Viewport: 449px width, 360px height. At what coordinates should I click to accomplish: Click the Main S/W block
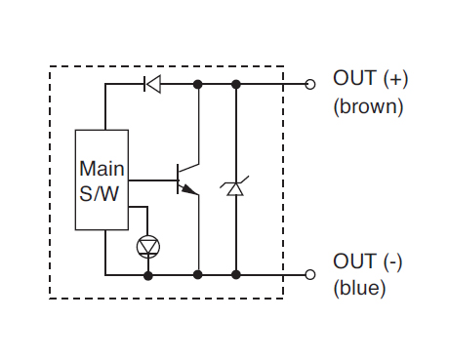point(102,180)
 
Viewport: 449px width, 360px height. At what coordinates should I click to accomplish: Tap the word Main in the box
point(102,169)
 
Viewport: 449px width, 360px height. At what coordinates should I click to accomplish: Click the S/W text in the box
point(99,194)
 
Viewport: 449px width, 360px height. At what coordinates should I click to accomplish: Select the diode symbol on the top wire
point(152,84)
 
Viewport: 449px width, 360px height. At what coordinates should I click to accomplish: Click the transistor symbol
point(187,180)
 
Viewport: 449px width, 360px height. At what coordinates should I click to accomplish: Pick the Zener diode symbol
point(235,186)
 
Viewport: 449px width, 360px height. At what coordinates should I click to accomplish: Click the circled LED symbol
point(148,247)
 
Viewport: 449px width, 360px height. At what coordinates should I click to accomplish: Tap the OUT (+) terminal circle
point(310,84)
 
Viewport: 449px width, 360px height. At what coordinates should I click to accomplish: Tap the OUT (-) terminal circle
point(310,275)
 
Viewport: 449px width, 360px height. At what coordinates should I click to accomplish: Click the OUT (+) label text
point(370,79)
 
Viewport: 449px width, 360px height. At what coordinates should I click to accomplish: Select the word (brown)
point(368,106)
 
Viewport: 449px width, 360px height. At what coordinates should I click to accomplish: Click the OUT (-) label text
point(368,261)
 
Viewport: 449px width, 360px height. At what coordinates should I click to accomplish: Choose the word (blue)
point(359,288)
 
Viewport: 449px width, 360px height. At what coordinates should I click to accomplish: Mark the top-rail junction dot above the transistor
point(197,84)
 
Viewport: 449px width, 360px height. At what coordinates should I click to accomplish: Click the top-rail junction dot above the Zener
point(236,84)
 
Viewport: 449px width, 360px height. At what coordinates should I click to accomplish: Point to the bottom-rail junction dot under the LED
point(148,276)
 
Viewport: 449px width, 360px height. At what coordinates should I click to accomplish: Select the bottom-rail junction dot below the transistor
point(197,275)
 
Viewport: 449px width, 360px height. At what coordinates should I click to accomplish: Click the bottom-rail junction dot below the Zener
point(236,275)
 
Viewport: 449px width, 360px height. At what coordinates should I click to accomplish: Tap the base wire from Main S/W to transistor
point(152,180)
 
